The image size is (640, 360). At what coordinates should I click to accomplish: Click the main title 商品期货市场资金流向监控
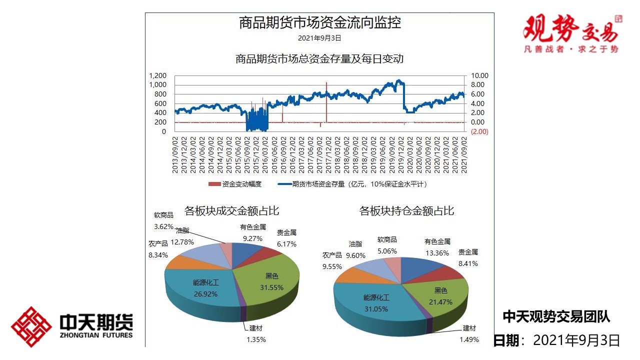point(320,22)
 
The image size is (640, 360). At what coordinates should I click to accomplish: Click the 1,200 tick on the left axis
point(157,75)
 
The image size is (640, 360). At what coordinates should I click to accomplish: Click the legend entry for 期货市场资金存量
point(350,184)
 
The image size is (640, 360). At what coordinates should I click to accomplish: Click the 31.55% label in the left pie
point(271,287)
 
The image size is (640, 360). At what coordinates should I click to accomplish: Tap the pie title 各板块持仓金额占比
point(406,211)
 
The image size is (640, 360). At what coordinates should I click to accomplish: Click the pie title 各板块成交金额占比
point(231,211)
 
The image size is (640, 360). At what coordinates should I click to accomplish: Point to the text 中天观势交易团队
point(556,316)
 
